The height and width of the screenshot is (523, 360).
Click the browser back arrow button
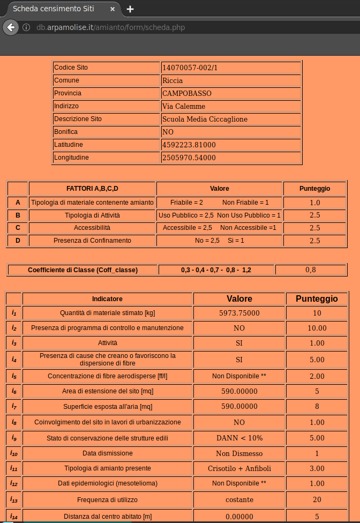click(x=10, y=27)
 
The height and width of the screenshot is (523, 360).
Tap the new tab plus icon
click(x=130, y=9)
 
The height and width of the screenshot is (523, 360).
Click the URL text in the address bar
click(x=111, y=27)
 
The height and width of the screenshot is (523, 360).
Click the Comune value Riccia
click(x=172, y=80)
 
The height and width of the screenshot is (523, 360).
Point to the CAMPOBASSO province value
click(x=186, y=93)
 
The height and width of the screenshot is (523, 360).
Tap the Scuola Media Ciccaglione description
click(x=205, y=119)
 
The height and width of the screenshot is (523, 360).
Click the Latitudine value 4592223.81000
click(x=189, y=145)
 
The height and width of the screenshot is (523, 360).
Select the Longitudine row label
click(x=71, y=158)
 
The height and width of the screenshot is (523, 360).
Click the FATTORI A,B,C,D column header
click(x=92, y=189)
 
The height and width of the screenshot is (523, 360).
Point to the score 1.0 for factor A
click(x=315, y=203)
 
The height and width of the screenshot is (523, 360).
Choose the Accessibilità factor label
click(x=92, y=228)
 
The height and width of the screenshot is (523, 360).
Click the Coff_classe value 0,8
click(x=311, y=270)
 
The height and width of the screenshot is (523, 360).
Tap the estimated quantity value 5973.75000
click(x=239, y=313)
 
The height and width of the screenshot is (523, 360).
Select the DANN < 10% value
click(x=239, y=438)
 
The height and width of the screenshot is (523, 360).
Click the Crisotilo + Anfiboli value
click(x=239, y=468)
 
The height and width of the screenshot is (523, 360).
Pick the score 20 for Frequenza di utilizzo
click(x=317, y=499)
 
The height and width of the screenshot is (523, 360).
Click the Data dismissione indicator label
click(x=108, y=453)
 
